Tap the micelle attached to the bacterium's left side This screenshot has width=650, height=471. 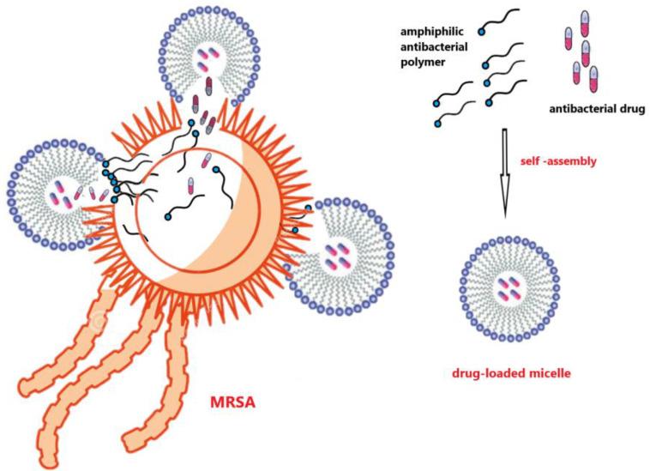coord(57,187)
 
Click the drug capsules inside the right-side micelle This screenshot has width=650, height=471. coord(336,254)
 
